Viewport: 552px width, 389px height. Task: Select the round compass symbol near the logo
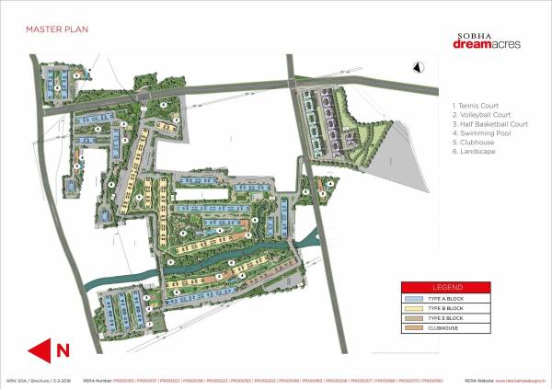click(416, 66)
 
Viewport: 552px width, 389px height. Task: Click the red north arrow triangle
click(41, 349)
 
